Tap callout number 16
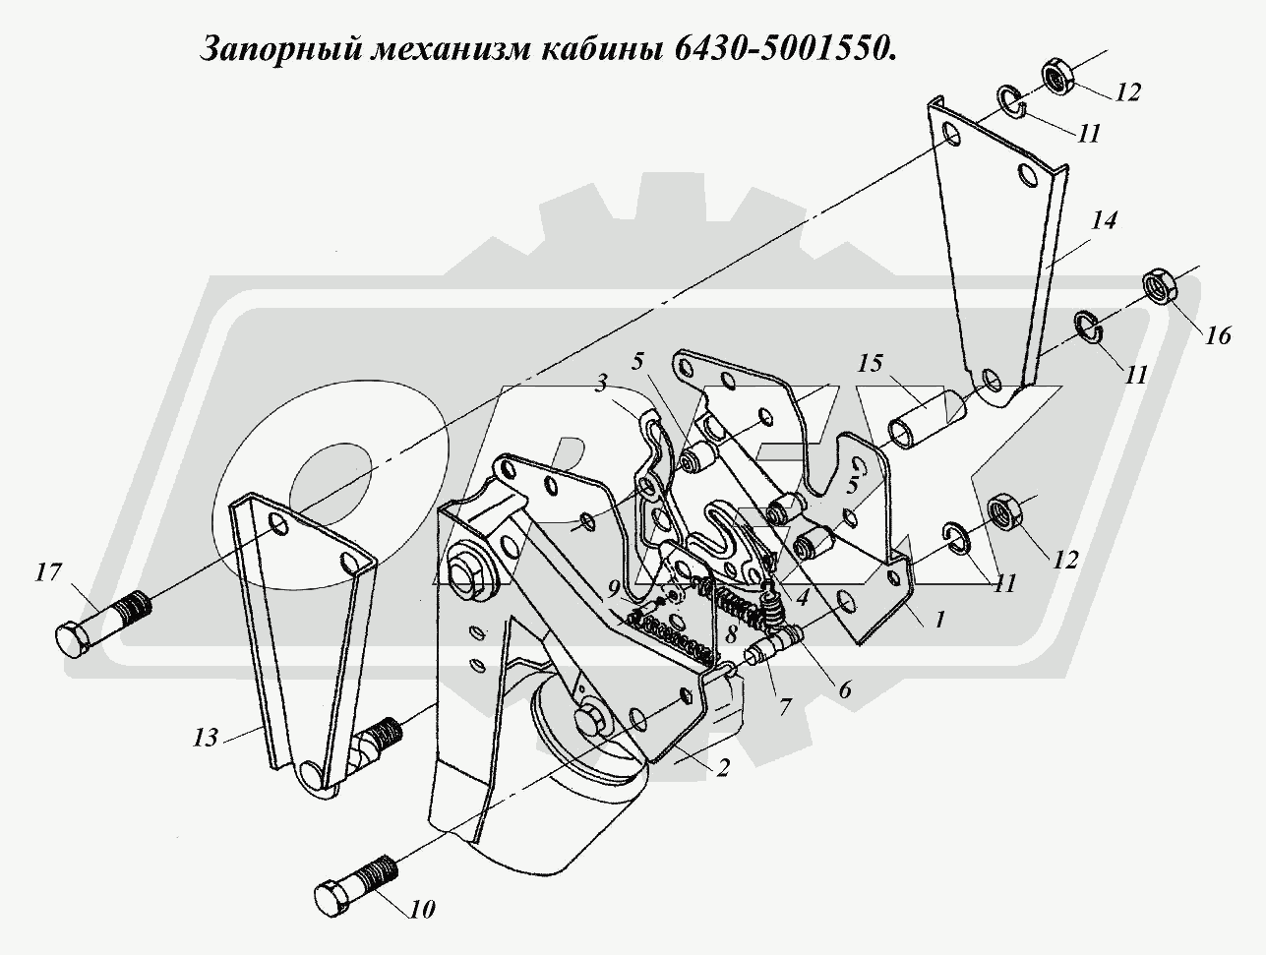coord(1217,336)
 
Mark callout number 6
coord(845,689)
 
